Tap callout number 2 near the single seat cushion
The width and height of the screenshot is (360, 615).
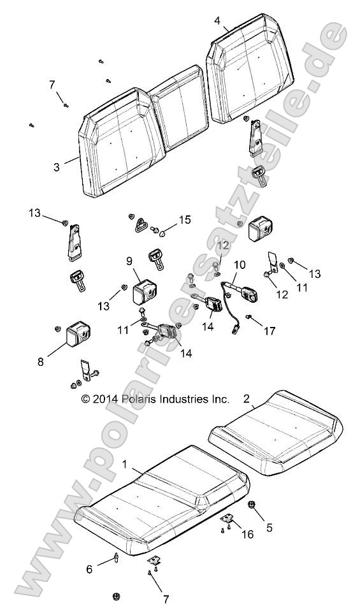(x=246, y=399)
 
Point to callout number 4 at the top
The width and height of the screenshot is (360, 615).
(x=217, y=20)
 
